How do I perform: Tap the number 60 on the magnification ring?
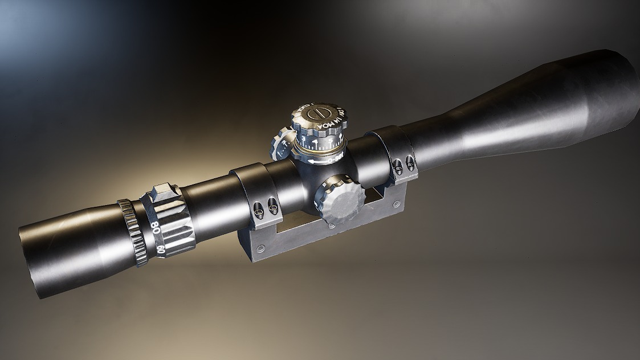coord(161,249)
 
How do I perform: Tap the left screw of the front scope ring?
coord(397,166)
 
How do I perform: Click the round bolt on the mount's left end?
coord(261,249)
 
